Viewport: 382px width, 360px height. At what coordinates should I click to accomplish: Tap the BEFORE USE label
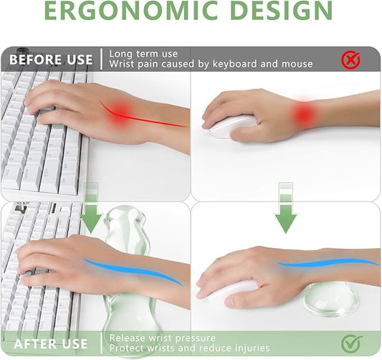pyautogui.click(x=51, y=60)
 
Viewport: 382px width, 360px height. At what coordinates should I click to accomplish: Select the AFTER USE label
pyautogui.click(x=49, y=344)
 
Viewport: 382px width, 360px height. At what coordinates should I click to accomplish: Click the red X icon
pyautogui.click(x=350, y=60)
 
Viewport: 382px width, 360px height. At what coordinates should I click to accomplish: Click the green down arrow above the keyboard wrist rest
pyautogui.click(x=91, y=208)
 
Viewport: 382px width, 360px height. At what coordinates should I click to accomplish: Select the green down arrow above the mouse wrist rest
pyautogui.click(x=286, y=208)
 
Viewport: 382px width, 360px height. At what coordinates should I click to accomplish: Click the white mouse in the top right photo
pyautogui.click(x=231, y=127)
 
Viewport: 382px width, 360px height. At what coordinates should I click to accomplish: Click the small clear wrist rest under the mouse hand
pyautogui.click(x=329, y=297)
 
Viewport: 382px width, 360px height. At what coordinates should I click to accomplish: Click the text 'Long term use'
pyautogui.click(x=143, y=53)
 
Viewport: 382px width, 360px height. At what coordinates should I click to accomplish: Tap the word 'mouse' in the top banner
pyautogui.click(x=297, y=65)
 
